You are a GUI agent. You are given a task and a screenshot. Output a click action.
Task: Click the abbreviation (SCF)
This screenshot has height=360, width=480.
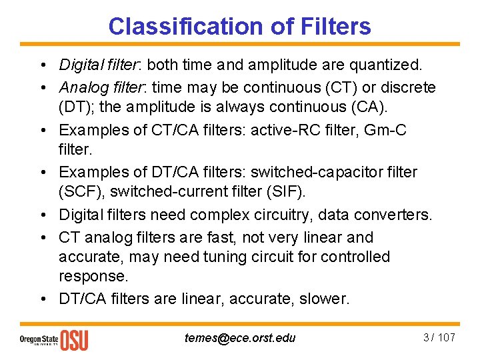[x=82, y=191]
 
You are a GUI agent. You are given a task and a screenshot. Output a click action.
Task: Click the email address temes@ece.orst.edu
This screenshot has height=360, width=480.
[x=240, y=337]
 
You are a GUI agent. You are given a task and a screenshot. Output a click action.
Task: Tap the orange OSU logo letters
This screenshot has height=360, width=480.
[x=74, y=339]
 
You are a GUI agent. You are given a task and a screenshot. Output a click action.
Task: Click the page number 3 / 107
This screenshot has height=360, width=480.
[x=438, y=337]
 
